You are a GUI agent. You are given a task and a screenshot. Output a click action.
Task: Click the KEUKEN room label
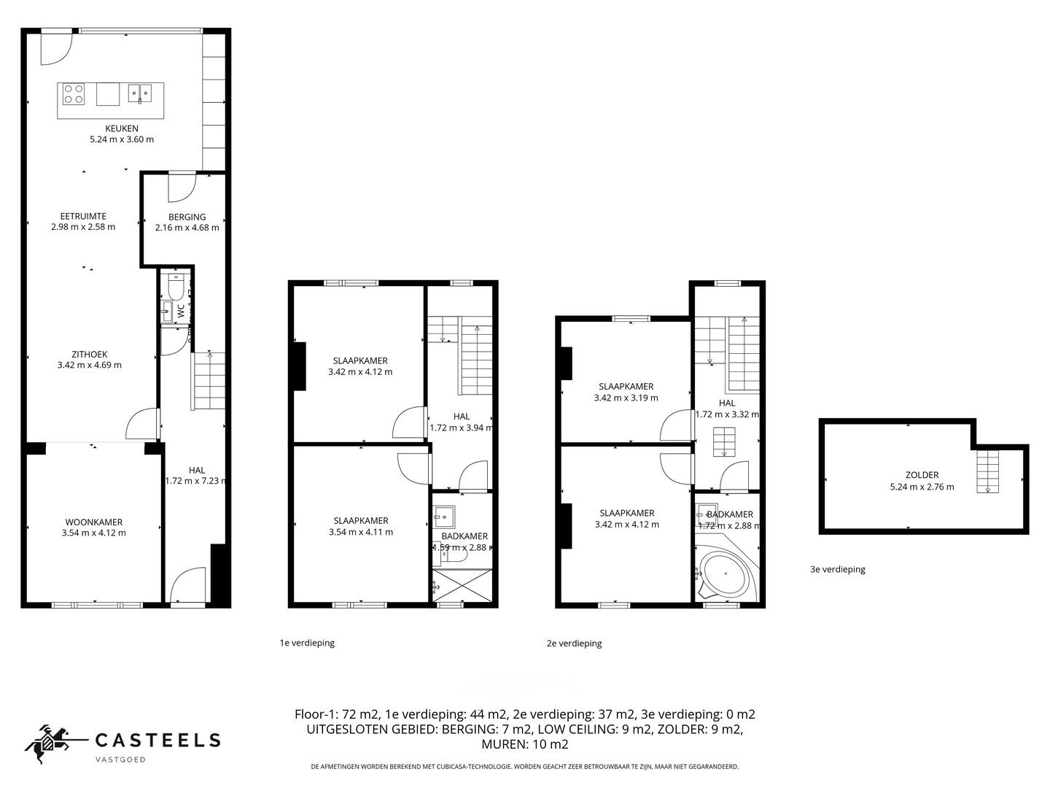(x=121, y=128)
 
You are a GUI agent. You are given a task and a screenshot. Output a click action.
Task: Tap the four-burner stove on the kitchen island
(x=73, y=94)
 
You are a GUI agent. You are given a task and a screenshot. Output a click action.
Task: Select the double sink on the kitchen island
(x=139, y=93)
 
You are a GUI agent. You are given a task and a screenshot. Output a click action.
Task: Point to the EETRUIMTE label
(x=83, y=216)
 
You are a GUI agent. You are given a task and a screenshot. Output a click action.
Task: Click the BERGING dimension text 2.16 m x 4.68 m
(x=187, y=227)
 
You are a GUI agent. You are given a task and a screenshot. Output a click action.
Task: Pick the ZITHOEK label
(x=89, y=355)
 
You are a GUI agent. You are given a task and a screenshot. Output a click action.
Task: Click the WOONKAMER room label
(x=94, y=522)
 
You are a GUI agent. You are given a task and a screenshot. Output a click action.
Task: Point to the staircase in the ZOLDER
(x=987, y=471)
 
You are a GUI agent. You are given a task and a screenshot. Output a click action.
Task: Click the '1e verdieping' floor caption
(x=307, y=643)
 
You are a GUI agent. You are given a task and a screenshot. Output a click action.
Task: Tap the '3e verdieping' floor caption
(x=838, y=569)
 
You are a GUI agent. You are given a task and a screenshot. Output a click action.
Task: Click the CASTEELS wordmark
(x=157, y=740)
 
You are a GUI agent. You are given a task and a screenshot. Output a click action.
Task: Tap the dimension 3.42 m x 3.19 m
(x=626, y=398)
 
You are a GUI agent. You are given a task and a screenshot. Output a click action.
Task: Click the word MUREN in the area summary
(x=502, y=745)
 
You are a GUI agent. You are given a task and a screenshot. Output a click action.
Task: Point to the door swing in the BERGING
(x=180, y=186)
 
